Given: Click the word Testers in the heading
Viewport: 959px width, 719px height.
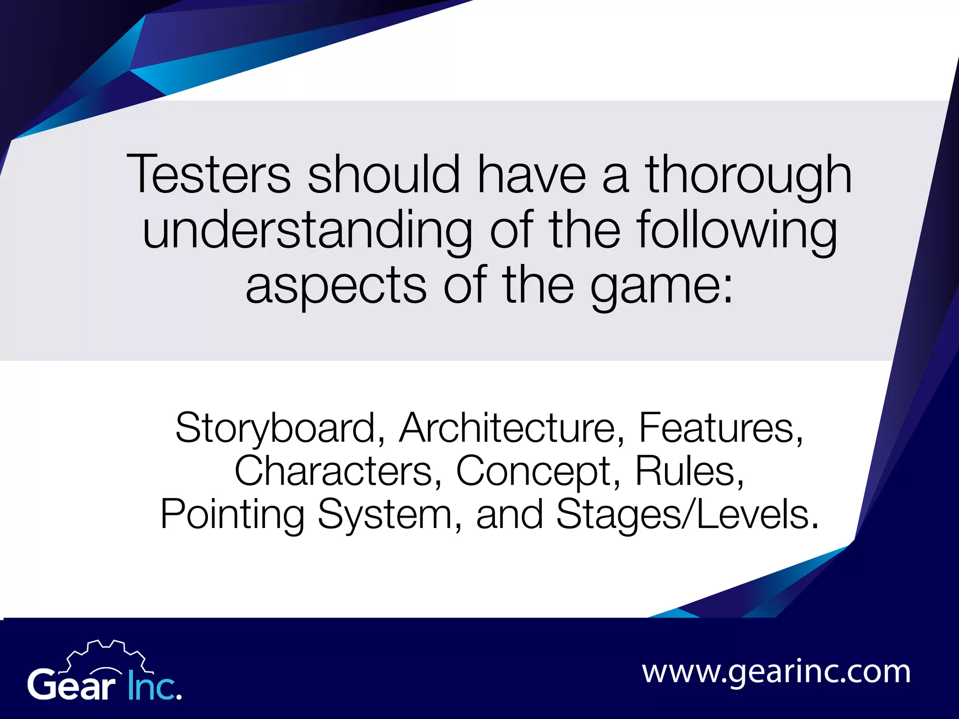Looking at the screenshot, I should (x=209, y=174).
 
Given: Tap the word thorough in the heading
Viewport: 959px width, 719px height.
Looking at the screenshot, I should (x=749, y=174).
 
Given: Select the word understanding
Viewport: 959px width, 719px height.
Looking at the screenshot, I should (x=307, y=230).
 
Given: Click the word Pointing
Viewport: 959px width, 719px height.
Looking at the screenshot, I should (x=232, y=515).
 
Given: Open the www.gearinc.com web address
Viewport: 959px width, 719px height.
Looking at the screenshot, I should (x=776, y=672).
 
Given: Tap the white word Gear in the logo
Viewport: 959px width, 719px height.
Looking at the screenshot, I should (x=72, y=685).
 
